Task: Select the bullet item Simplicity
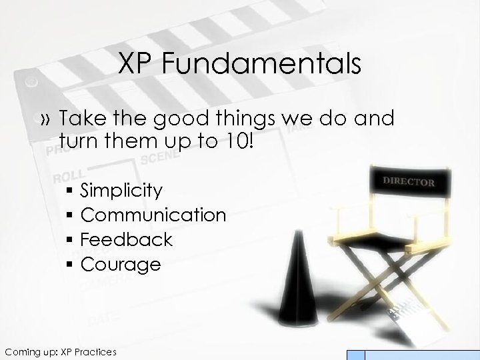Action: click(121, 191)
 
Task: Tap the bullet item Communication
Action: click(153, 215)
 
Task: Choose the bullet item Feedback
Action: click(126, 239)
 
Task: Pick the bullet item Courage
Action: click(121, 264)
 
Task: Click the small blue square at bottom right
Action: click(357, 355)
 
